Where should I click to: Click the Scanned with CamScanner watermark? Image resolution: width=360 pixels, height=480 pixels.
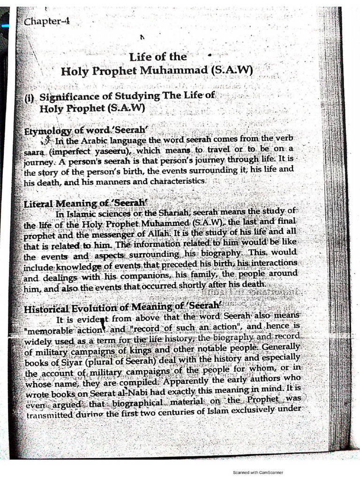pyautogui.click(x=258, y=472)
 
